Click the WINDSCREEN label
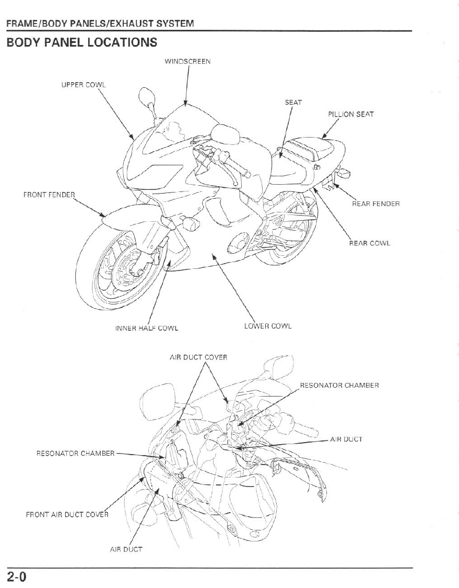[x=187, y=61]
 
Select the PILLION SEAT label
[x=350, y=114]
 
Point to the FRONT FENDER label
[x=49, y=195]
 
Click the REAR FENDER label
[x=375, y=203]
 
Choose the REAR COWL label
[x=369, y=243]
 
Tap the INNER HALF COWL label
[x=146, y=329]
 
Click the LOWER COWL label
[x=267, y=326]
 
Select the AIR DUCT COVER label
[x=198, y=357]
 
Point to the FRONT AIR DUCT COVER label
[x=67, y=514]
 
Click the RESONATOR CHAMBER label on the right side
[x=339, y=386]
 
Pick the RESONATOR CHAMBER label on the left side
[x=75, y=453]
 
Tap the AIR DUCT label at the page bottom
[x=126, y=549]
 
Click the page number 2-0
[x=17, y=577]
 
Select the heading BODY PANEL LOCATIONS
[x=81, y=42]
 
